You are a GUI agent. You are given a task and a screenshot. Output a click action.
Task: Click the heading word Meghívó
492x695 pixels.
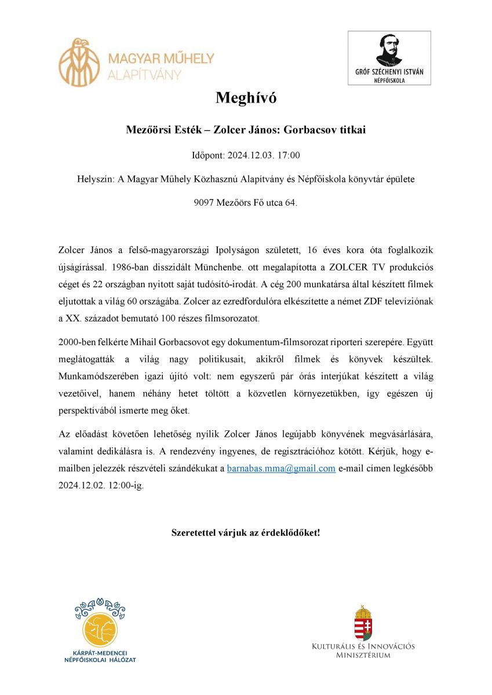pyautogui.click(x=246, y=98)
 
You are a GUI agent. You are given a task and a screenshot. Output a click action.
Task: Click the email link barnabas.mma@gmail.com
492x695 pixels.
pyautogui.click(x=281, y=469)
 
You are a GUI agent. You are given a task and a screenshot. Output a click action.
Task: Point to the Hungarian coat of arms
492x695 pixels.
pyautogui.click(x=363, y=622)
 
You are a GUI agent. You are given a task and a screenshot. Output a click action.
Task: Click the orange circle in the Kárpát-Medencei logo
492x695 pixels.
pyautogui.click(x=100, y=631)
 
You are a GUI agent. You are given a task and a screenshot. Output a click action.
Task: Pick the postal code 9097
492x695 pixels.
pyautogui.click(x=204, y=203)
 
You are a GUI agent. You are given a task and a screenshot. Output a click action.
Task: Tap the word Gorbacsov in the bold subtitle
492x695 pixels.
pyautogui.click(x=309, y=130)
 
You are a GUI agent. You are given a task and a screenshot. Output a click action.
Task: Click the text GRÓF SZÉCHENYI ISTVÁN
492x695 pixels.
pyautogui.click(x=389, y=73)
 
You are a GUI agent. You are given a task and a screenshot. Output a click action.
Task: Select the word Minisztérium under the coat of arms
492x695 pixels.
pyautogui.click(x=363, y=656)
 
